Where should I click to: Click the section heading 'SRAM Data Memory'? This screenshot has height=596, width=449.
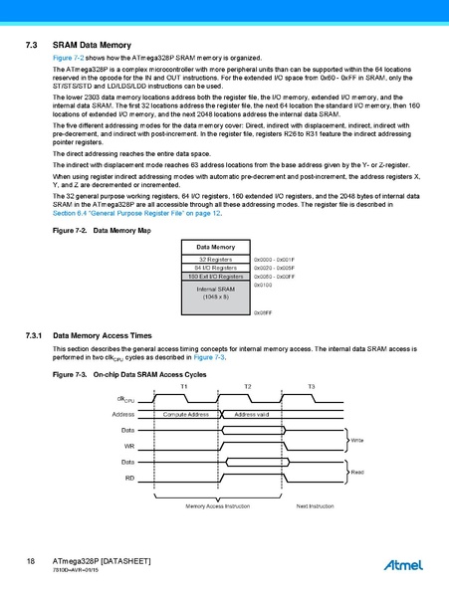click(x=92, y=46)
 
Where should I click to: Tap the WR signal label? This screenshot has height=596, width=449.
click(x=129, y=446)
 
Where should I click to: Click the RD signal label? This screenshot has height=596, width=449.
click(x=129, y=479)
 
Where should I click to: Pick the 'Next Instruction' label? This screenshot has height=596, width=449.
click(x=316, y=506)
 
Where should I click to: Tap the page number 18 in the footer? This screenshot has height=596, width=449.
click(x=31, y=562)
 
